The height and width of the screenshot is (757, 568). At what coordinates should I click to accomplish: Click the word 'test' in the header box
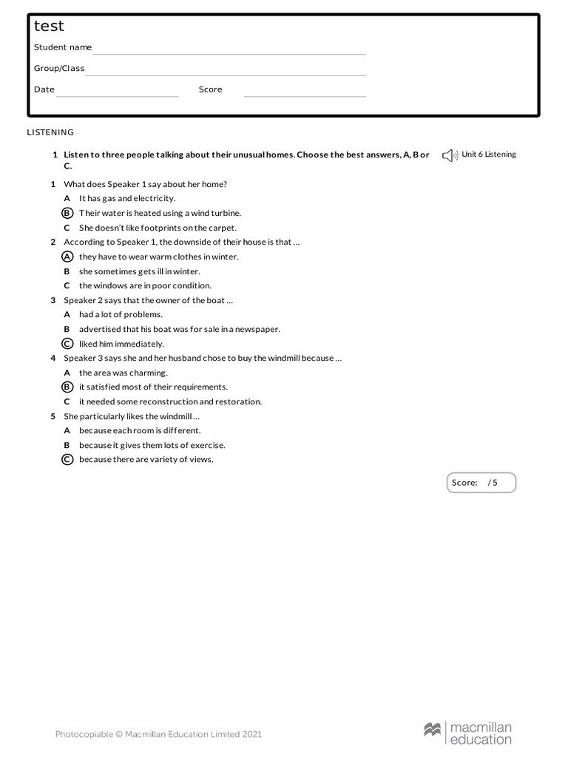pyautogui.click(x=49, y=27)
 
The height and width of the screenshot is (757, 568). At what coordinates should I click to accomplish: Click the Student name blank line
pyautogui.click(x=229, y=53)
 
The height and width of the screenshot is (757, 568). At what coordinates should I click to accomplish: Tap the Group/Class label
pyautogui.click(x=59, y=68)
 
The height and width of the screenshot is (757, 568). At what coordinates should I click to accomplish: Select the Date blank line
pyautogui.click(x=118, y=95)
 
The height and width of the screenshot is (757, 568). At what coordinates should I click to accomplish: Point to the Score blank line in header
pyautogui.click(x=305, y=95)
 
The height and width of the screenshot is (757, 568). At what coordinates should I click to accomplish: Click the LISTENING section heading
pyautogui.click(x=50, y=132)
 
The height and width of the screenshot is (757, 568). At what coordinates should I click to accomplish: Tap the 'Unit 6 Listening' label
pyautogui.click(x=489, y=155)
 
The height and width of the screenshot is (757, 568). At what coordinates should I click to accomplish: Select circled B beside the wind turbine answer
pyautogui.click(x=67, y=213)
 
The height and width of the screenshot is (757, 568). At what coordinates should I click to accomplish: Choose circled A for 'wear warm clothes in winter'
pyautogui.click(x=67, y=257)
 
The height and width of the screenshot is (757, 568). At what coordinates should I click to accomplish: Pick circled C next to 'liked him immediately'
pyautogui.click(x=67, y=344)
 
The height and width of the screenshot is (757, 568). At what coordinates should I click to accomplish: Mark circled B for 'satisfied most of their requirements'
pyautogui.click(x=67, y=387)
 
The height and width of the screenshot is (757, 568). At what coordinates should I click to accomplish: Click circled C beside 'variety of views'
pyautogui.click(x=67, y=459)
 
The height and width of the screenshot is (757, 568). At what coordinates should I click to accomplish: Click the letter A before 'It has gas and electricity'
pyautogui.click(x=67, y=198)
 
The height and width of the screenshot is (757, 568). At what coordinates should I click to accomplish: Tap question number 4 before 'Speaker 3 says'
pyautogui.click(x=53, y=358)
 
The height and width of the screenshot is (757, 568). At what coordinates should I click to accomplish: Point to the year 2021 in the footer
pyautogui.click(x=252, y=734)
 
